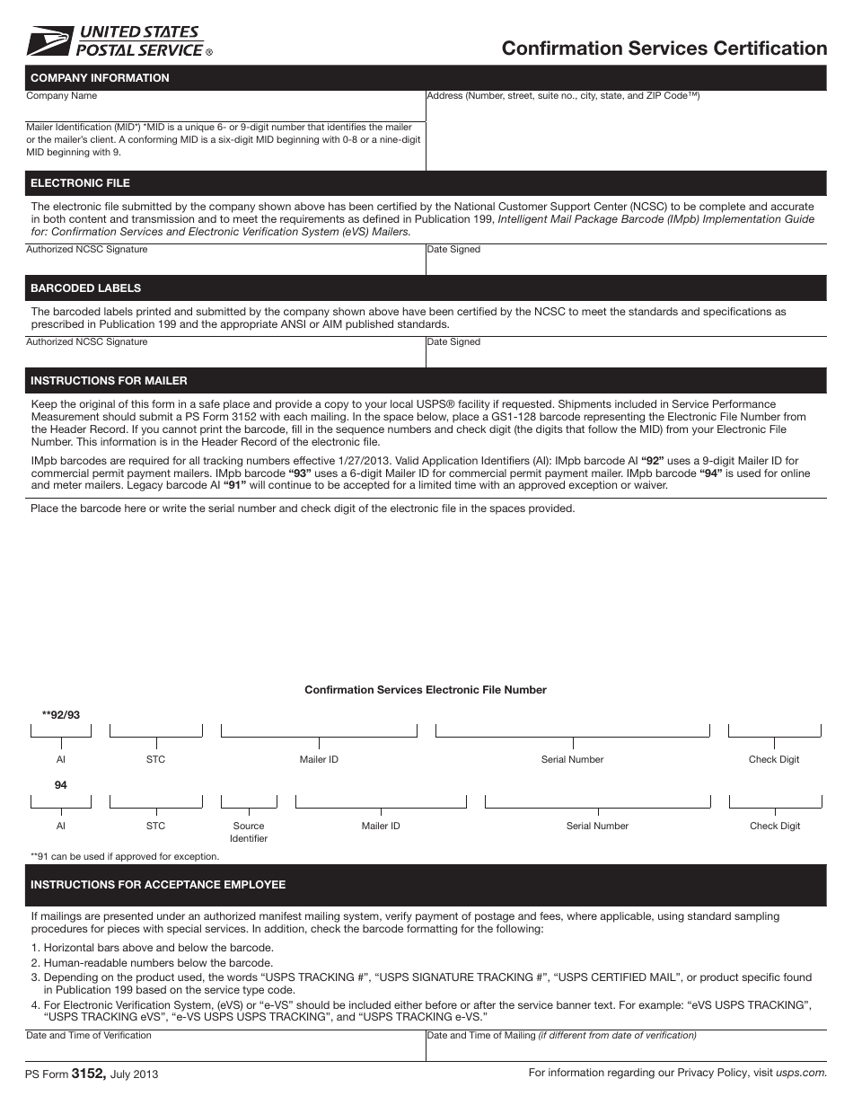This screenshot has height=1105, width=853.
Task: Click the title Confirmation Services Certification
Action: point(664,49)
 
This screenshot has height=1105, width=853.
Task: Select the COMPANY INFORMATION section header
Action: point(100,78)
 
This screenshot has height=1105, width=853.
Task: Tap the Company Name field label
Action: point(61,96)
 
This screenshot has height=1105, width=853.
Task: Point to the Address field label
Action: point(563,96)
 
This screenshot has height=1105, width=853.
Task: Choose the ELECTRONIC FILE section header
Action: point(80,183)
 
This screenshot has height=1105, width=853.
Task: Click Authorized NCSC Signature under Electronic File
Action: point(86,250)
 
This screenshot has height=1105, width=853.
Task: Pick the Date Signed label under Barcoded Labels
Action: point(453,342)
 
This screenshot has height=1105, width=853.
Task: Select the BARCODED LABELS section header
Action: point(85,288)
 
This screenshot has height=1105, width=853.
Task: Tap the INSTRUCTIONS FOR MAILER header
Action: point(109,381)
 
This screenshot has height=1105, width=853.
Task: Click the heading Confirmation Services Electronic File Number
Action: point(426,690)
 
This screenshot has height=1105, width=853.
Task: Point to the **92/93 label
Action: point(60,715)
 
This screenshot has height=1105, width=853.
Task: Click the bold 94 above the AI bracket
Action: point(60,785)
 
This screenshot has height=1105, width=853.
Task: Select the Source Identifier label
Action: point(249,832)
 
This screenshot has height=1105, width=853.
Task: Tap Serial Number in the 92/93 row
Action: point(572,760)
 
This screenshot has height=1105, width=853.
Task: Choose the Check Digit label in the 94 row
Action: point(775,827)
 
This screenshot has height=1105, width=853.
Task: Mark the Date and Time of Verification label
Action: point(89,1036)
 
